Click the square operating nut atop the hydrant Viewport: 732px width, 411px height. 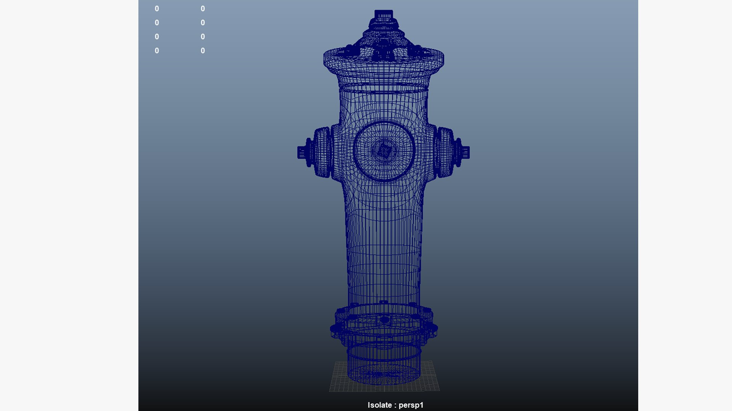click(384, 15)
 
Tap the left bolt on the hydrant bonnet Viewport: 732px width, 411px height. click(348, 49)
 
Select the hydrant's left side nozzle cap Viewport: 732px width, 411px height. click(322, 152)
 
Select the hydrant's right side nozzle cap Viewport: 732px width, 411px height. click(445, 152)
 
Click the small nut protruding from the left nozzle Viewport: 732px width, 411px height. click(302, 152)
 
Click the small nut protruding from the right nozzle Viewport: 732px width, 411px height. click(466, 153)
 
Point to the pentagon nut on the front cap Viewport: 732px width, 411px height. click(384, 151)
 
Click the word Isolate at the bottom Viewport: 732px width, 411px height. click(379, 405)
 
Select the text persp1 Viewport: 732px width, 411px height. click(411, 405)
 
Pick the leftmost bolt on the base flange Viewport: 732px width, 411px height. click(334, 328)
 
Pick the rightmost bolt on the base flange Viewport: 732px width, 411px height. click(434, 328)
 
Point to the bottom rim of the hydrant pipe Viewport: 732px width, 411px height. click(384, 381)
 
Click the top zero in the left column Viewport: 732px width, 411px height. click(157, 9)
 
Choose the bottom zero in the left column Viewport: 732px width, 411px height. click(157, 51)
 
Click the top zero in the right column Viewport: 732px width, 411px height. click(203, 9)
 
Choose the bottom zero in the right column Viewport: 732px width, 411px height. click(203, 51)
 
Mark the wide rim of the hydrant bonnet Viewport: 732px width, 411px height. click(384, 63)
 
